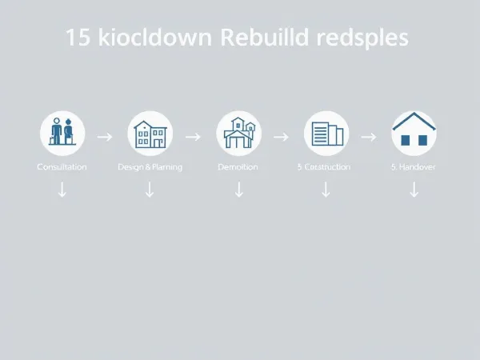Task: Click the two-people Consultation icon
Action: click(x=62, y=133)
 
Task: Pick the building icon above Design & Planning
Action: click(x=150, y=133)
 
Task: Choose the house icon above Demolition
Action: click(x=238, y=133)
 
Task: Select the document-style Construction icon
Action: click(x=326, y=133)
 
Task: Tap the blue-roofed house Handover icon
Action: click(x=414, y=133)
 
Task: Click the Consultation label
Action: click(x=62, y=166)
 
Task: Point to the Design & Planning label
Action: click(x=150, y=166)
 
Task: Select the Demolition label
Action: click(x=238, y=166)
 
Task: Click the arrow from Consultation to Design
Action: click(x=105, y=137)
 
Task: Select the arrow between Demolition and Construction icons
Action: click(x=281, y=137)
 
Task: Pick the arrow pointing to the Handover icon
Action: click(x=369, y=137)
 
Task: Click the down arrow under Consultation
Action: click(x=62, y=190)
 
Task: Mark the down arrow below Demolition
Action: click(x=238, y=190)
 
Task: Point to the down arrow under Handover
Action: click(x=414, y=190)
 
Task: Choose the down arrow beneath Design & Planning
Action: click(x=150, y=190)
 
